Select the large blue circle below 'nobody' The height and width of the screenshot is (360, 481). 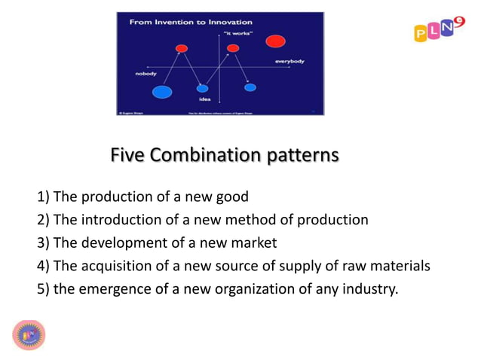tap(161, 93)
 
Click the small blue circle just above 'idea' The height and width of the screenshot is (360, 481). tap(202, 88)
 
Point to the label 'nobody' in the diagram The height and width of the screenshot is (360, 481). tap(146, 74)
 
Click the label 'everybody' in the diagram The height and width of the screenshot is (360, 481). tap(289, 60)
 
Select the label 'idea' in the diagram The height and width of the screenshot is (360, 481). tap(204, 99)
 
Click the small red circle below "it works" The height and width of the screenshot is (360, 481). tap(233, 48)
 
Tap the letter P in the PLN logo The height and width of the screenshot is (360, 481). tap(421, 33)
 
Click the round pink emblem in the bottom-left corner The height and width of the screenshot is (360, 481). tap(29, 334)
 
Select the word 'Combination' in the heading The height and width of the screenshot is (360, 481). tap(200, 155)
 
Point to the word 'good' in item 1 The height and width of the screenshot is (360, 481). tap(232, 198)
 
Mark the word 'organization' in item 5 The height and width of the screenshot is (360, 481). tap(256, 288)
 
